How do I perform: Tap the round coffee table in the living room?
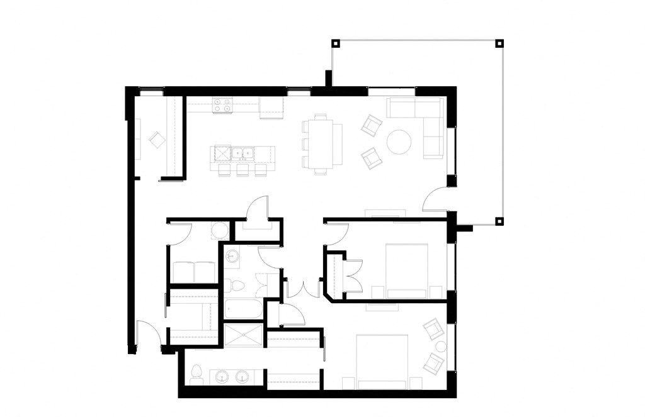[399, 142]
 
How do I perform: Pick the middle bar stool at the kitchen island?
[243, 170]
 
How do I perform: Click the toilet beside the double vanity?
[195, 373]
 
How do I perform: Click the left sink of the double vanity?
[220, 377]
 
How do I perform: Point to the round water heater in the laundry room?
[219, 231]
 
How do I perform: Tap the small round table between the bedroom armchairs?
[440, 346]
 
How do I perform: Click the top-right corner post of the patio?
[499, 43]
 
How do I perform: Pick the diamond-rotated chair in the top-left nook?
[155, 140]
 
